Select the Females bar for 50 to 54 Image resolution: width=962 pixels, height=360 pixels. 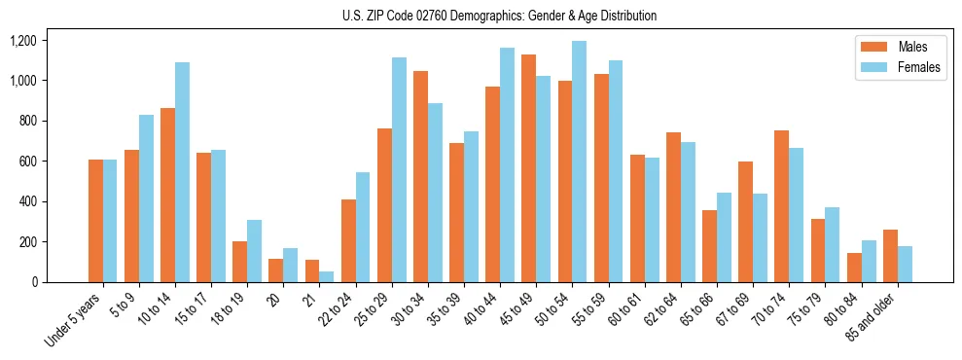pyautogui.click(x=580, y=162)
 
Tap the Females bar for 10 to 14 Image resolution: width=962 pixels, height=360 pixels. pyautogui.click(x=182, y=172)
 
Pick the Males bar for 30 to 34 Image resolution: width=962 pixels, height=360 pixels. pyautogui.click(x=420, y=176)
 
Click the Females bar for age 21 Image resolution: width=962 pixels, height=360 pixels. pyautogui.click(x=327, y=276)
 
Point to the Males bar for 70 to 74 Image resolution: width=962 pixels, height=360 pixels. pyautogui.click(x=746, y=206)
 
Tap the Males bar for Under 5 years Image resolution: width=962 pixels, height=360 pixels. pyautogui.click(x=95, y=221)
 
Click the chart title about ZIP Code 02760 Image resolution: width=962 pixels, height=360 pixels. pyautogui.click(x=499, y=16)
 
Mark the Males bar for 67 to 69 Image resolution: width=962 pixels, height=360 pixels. pyautogui.click(x=746, y=222)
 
